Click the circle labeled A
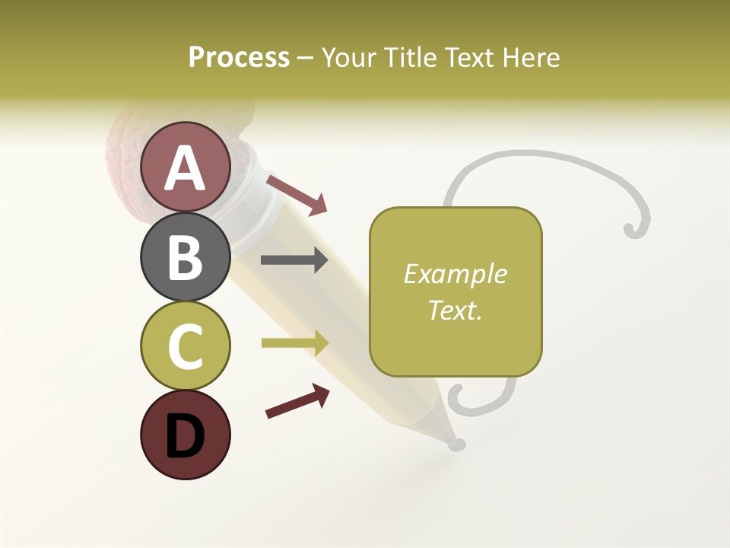point(185,167)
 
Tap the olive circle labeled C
point(185,346)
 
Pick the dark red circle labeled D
point(185,435)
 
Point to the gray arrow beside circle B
point(294,260)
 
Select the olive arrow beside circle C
point(294,343)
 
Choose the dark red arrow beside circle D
point(297,401)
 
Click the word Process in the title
point(239,58)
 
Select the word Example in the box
point(455,274)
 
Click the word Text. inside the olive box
point(455,310)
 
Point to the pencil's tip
point(456,444)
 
